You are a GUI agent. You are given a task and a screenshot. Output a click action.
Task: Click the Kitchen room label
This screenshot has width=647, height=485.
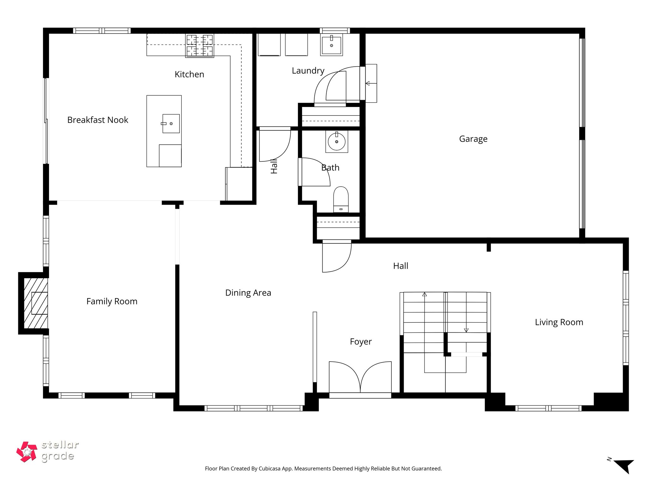[x=189, y=75]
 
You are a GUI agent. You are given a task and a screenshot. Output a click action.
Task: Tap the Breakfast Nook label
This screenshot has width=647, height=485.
[x=98, y=120]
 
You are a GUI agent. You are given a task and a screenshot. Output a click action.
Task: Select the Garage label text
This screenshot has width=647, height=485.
[x=473, y=139]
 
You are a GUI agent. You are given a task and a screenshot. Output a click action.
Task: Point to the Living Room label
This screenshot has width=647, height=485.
[x=559, y=322]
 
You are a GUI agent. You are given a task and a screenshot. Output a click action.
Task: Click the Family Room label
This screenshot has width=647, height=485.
[x=112, y=302]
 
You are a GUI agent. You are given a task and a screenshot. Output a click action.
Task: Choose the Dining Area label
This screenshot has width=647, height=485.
[x=248, y=293]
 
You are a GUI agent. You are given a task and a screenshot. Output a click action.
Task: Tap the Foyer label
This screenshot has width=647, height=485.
[x=360, y=342]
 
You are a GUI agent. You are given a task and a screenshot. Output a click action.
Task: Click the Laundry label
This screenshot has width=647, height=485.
[x=308, y=71]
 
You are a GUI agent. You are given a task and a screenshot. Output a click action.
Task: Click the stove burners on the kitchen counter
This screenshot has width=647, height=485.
[x=199, y=45]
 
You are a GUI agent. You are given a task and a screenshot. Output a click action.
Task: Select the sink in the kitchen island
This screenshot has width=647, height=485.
[x=171, y=123]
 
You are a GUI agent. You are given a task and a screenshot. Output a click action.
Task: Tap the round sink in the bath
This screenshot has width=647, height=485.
[x=336, y=142]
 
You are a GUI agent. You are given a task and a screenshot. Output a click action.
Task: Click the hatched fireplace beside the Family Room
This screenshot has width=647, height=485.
[x=36, y=303]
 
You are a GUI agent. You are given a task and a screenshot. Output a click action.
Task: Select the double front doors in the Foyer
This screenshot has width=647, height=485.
[x=360, y=379]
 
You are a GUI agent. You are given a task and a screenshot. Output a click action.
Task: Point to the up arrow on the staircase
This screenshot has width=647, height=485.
[x=425, y=294]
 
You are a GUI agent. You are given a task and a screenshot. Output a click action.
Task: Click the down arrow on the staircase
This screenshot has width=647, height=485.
[x=466, y=330]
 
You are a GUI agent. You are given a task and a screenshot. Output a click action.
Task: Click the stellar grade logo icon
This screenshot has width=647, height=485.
[x=27, y=452]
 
